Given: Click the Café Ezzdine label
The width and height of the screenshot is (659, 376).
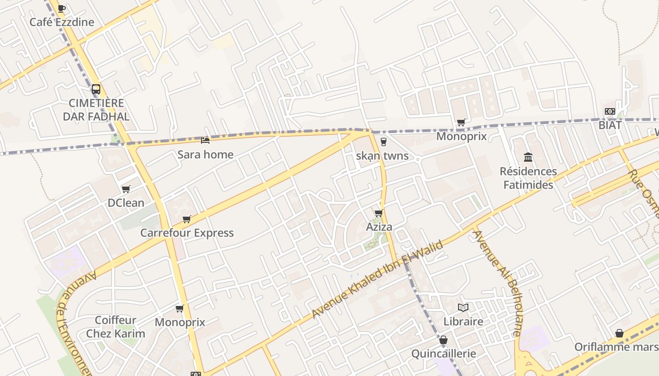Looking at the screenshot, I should click(x=62, y=22).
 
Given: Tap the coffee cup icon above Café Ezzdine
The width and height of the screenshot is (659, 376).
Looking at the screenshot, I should click(x=62, y=8).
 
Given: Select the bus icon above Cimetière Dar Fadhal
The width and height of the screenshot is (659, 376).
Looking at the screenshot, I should click(x=96, y=89).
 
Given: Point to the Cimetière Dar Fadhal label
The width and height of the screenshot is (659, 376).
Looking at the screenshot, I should click(x=96, y=110).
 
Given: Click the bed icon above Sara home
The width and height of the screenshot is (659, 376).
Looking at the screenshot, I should click(x=205, y=140).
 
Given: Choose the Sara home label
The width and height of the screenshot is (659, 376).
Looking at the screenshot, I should click(x=205, y=154).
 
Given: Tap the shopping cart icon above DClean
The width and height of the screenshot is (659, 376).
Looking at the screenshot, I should click(x=126, y=189).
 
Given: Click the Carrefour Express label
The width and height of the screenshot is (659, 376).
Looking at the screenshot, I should click(x=187, y=233).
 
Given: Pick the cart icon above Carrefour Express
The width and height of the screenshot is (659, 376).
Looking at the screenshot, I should click(x=187, y=219).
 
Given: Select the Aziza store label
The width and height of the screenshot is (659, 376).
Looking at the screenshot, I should click(x=379, y=227).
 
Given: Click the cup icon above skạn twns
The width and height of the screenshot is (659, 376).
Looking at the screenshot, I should click(x=383, y=141).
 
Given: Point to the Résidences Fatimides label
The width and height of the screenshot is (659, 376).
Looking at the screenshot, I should click(x=528, y=178).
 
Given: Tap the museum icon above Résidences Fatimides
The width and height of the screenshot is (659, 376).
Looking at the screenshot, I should click(x=528, y=157).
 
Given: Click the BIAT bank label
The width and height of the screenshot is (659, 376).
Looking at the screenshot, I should click(x=610, y=125).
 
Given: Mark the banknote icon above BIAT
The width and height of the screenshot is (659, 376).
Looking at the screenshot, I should click(x=610, y=111).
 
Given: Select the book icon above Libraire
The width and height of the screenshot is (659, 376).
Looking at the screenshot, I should click(x=463, y=307).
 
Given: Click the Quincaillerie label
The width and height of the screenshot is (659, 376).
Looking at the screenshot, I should click(x=443, y=353).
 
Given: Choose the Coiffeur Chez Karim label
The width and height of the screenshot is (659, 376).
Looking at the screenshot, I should click(x=115, y=327).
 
